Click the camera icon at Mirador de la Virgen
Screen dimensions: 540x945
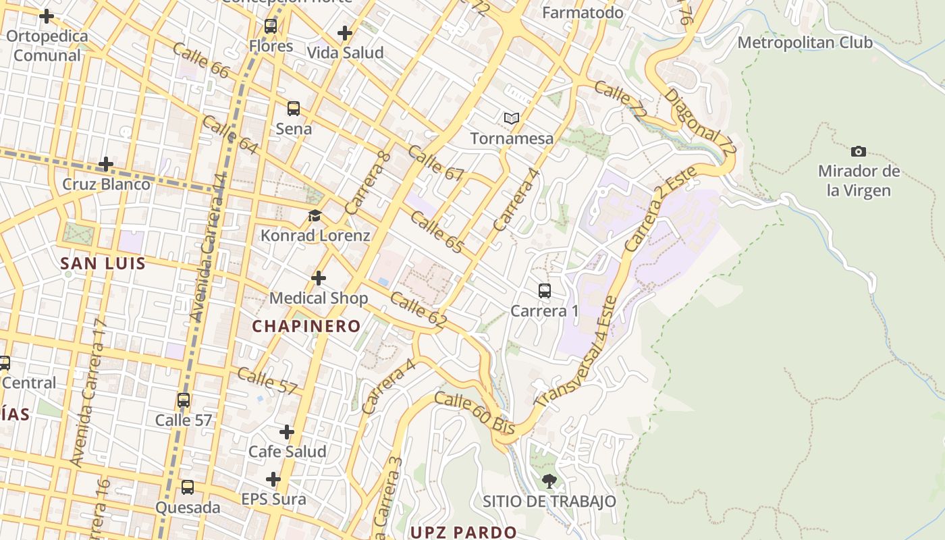859,151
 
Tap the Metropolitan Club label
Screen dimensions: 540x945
805,43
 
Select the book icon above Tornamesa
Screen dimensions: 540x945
512,119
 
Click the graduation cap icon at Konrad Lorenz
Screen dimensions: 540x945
315,216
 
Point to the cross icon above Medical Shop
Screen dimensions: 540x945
319,278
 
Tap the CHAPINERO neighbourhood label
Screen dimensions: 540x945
306,327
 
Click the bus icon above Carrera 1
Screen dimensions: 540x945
545,292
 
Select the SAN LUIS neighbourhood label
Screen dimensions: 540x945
103,263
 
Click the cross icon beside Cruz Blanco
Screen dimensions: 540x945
106,164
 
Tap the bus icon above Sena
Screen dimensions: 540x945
294,109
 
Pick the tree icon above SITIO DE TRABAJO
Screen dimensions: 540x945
549,481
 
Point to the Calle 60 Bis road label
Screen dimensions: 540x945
475,412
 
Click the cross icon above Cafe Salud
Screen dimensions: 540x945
287,432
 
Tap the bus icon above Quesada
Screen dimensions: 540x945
188,487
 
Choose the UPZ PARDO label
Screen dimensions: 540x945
463,532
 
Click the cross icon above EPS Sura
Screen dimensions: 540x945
273,480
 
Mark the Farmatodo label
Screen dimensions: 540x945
583,12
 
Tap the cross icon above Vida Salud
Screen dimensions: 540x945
345,32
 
